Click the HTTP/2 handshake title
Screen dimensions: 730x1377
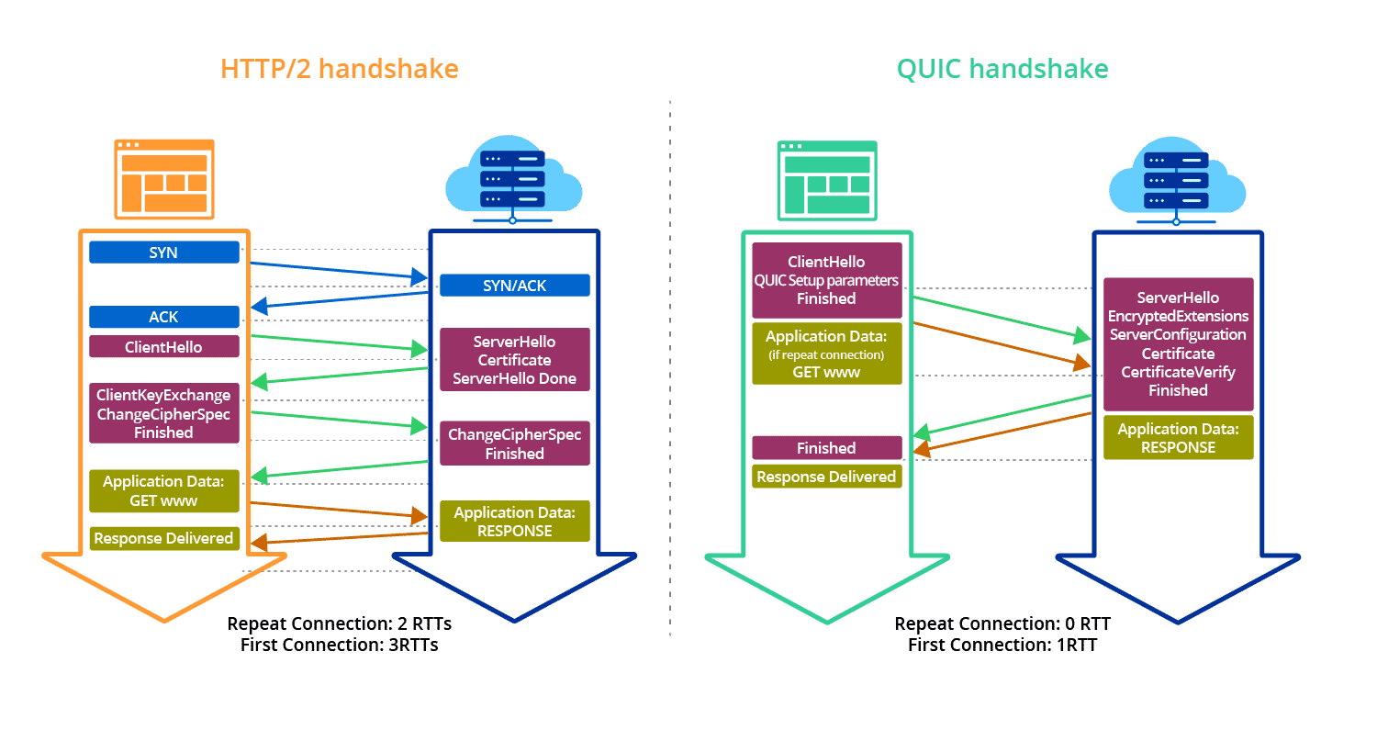pyautogui.click(x=340, y=69)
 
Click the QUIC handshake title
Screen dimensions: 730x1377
pyautogui.click(x=1002, y=69)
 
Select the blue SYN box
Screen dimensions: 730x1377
pyautogui.click(x=164, y=253)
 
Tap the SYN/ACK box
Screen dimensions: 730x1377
pyautogui.click(x=514, y=286)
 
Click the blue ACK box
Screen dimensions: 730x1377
pyautogui.click(x=164, y=317)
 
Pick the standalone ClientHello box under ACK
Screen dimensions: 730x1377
pyautogui.click(x=164, y=347)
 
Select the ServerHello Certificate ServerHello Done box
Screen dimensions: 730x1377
pyautogui.click(x=514, y=360)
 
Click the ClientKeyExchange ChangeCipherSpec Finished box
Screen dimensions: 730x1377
pyautogui.click(x=164, y=413)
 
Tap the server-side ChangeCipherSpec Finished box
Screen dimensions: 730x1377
pyautogui.click(x=514, y=444)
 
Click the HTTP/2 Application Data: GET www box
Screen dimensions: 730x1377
pyautogui.click(x=164, y=491)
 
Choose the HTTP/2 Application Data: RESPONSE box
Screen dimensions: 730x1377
pyautogui.click(x=514, y=522)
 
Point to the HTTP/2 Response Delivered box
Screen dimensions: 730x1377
pyautogui.click(x=164, y=539)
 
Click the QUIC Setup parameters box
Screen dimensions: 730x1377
pyautogui.click(x=826, y=280)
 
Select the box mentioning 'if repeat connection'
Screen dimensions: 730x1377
pyautogui.click(x=826, y=354)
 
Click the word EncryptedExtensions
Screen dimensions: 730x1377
pyautogui.click(x=1178, y=317)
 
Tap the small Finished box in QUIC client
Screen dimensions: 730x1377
pyautogui.click(x=826, y=448)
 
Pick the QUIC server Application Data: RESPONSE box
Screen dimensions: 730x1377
pyautogui.click(x=1178, y=438)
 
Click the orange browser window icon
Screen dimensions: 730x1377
pyautogui.click(x=164, y=179)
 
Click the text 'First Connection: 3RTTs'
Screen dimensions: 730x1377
pyautogui.click(x=339, y=645)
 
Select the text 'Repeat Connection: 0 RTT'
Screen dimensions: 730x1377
pyautogui.click(x=1002, y=624)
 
